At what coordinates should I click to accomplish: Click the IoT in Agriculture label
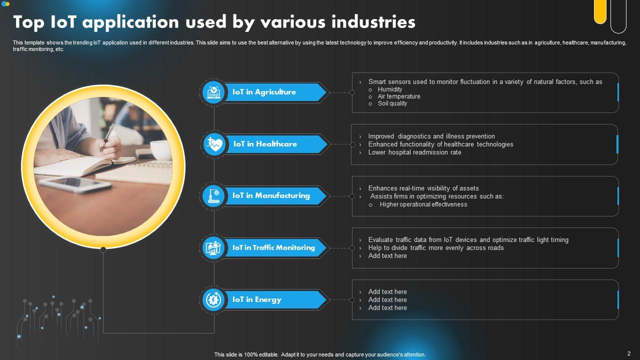pyautogui.click(x=264, y=92)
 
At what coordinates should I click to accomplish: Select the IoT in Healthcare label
pyautogui.click(x=265, y=144)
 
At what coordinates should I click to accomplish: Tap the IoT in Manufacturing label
pyautogui.click(x=271, y=195)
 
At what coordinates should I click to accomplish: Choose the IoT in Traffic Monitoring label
pyautogui.click(x=273, y=247)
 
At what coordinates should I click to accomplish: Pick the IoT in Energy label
pyautogui.click(x=257, y=299)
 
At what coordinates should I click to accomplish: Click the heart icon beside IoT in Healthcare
pyautogui.click(x=214, y=144)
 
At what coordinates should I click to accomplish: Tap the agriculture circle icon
pyautogui.click(x=214, y=92)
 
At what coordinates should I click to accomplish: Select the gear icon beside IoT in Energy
pyautogui.click(x=214, y=299)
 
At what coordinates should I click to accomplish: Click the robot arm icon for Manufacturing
pyautogui.click(x=214, y=196)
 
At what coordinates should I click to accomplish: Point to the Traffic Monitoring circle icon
pyautogui.click(x=214, y=247)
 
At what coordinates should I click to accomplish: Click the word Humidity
pyautogui.click(x=390, y=89)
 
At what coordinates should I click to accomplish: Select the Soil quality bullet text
pyautogui.click(x=392, y=103)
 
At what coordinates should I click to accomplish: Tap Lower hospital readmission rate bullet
pyautogui.click(x=414, y=152)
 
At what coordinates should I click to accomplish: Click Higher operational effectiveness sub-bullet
pyautogui.click(x=423, y=204)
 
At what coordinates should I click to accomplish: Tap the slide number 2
pyautogui.click(x=628, y=353)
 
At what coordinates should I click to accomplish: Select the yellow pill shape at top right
pyautogui.click(x=600, y=11)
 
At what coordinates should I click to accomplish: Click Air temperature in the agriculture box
pyautogui.click(x=398, y=96)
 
